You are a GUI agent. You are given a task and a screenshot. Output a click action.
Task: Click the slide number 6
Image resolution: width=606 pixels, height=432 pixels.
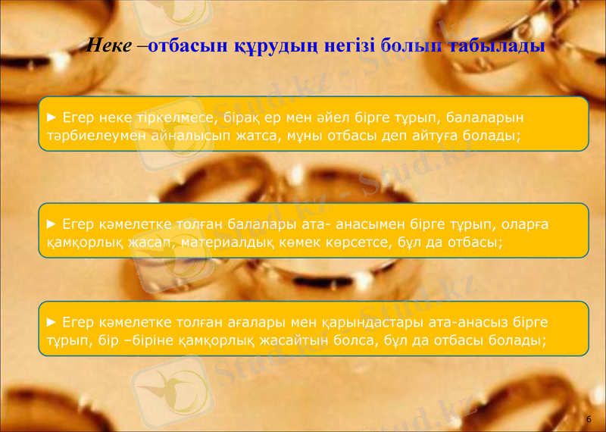click(588, 419)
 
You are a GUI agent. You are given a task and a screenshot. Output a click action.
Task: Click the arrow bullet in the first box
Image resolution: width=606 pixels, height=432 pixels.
click(52, 117)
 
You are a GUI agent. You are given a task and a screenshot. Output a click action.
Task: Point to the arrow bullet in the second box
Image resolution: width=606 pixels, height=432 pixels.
click(52, 224)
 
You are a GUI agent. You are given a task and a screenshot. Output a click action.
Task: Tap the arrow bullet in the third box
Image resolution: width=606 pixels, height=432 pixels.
click(52, 322)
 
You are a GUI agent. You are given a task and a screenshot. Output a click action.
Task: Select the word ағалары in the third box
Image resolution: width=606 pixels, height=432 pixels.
click(242, 323)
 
